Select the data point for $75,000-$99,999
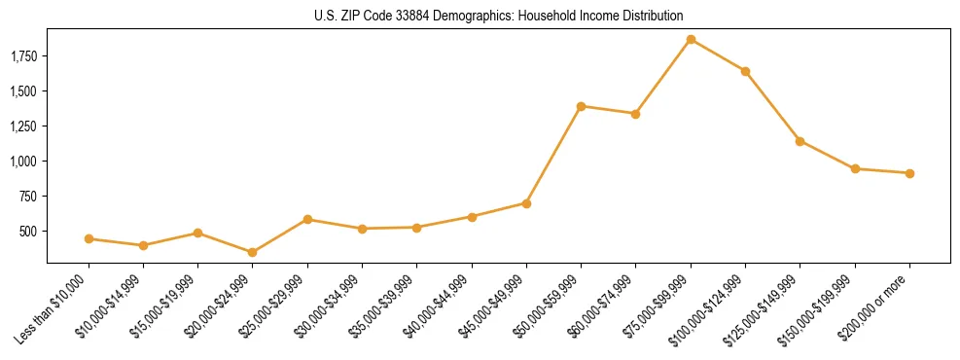691,40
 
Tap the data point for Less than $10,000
89,238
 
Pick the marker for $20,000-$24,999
253,252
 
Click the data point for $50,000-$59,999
581,106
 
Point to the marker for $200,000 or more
909,173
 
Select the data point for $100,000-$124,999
745,71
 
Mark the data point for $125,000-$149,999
800,141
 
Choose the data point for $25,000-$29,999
307,219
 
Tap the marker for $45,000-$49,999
526,203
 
